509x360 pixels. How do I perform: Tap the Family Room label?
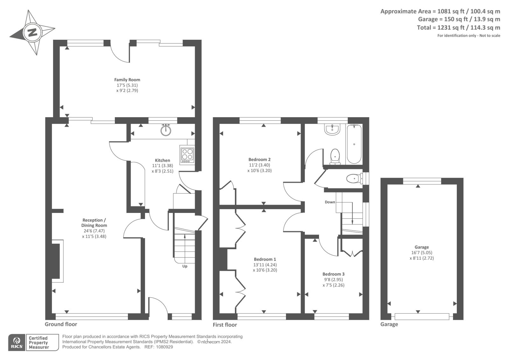[127, 80]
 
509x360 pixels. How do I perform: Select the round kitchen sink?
[166, 130]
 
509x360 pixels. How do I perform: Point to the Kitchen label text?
[162, 160]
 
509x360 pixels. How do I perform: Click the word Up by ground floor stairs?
[185, 266]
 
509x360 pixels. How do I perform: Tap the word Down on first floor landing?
[330, 202]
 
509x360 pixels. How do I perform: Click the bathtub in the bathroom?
[354, 144]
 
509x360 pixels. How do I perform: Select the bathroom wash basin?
[332, 129]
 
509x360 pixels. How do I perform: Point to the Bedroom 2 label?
[260, 159]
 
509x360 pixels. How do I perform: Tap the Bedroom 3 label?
[333, 274]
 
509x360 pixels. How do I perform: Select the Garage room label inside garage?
[422, 247]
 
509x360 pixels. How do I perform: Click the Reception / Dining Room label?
[94, 222]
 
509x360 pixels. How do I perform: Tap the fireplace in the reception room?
[56, 261]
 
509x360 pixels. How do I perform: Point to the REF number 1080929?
[164, 347]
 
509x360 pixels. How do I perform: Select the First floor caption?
[225, 325]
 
